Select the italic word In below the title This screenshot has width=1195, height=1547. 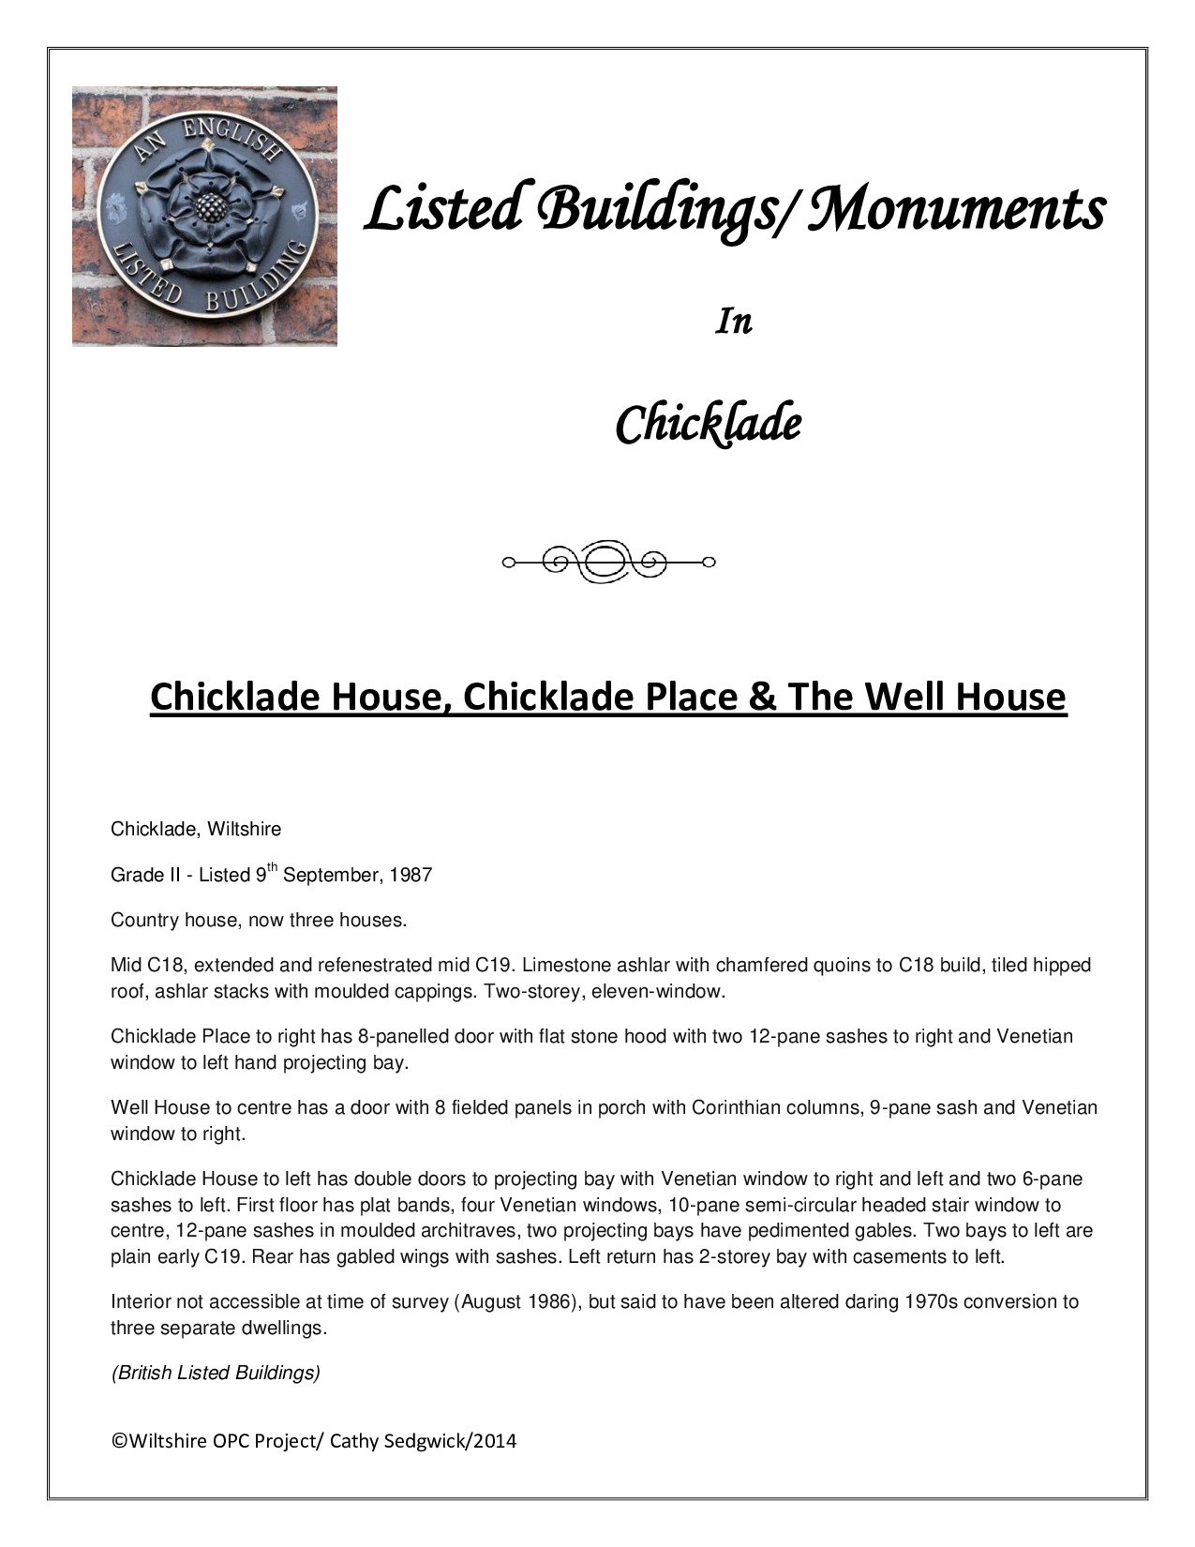pyautogui.click(x=734, y=322)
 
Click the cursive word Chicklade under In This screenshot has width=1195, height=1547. pyautogui.click(x=708, y=424)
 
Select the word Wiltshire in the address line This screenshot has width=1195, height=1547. pyautogui.click(x=246, y=830)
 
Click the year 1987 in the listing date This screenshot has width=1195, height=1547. pyautogui.click(x=411, y=876)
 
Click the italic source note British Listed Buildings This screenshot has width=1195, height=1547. pyautogui.click(x=216, y=1374)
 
